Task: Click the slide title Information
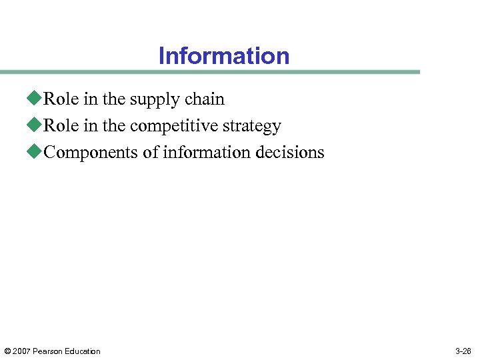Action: pyautogui.click(x=224, y=56)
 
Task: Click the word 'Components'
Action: pyautogui.click(x=91, y=153)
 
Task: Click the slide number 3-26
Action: pyautogui.click(x=463, y=351)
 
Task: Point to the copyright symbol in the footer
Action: pyautogui.click(x=7, y=351)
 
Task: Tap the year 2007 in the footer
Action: pyautogui.click(x=21, y=351)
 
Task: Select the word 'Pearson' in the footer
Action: pyautogui.click(x=47, y=351)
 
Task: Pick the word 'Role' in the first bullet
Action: pyautogui.click(x=59, y=99)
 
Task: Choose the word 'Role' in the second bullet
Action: pyautogui.click(x=59, y=126)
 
